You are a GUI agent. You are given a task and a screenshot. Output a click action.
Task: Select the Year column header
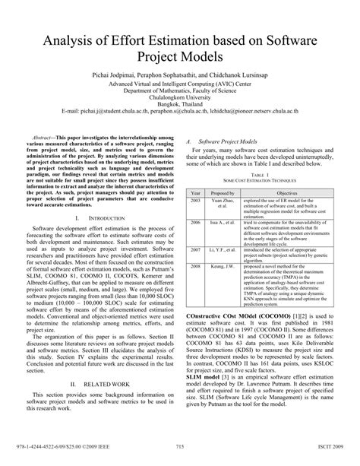coord(196,194)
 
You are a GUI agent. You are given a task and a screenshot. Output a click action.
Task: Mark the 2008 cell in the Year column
coord(196,266)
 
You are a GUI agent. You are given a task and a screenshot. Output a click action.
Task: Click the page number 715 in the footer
coord(180,447)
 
